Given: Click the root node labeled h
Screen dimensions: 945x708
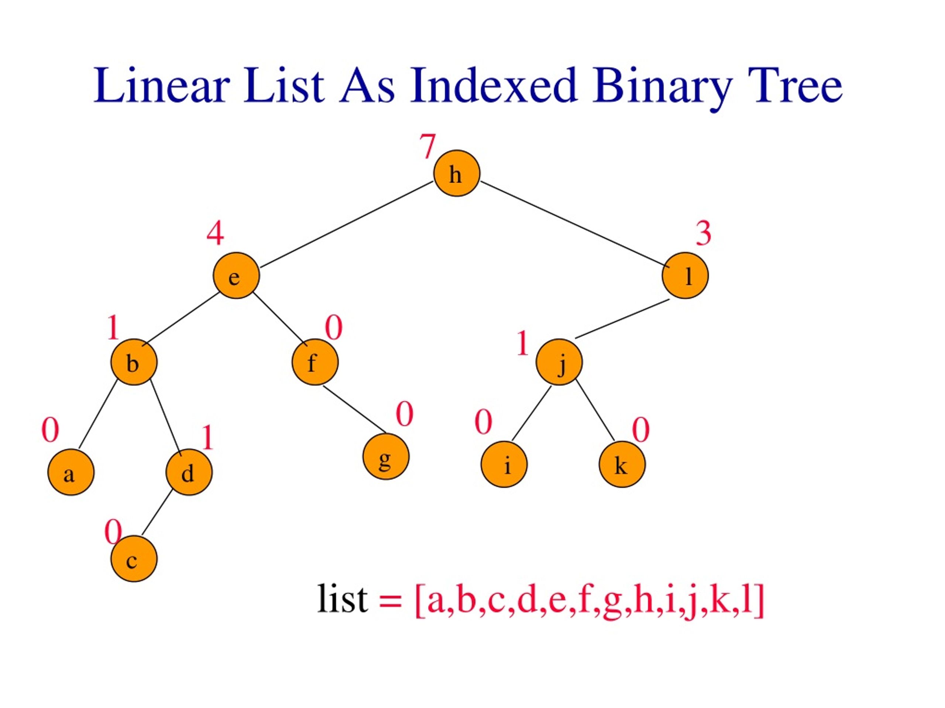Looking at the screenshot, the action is (457, 173).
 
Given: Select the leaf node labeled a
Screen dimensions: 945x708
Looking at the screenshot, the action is (71, 472).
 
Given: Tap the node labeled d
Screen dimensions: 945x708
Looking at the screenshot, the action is (189, 472).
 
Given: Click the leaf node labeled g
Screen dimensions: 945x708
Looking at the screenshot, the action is (386, 457).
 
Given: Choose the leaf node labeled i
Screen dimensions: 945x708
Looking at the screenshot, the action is (504, 464).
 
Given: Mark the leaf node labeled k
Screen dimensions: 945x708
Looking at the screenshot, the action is (622, 464).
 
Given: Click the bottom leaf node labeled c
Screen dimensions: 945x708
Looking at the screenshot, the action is (134, 559).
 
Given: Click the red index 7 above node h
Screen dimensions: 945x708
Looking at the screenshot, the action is (427, 146).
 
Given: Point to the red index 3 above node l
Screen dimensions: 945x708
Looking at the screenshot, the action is (704, 233).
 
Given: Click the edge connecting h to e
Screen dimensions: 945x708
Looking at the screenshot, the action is (347, 225).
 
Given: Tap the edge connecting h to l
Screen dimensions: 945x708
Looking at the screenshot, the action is (575, 224).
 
